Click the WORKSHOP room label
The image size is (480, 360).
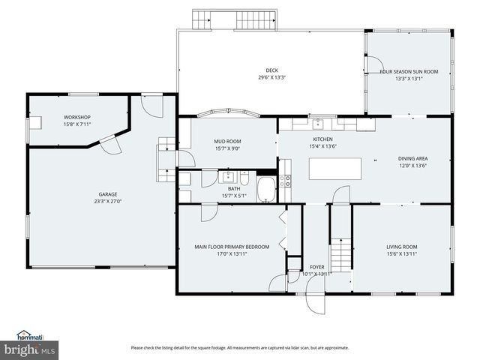click(77, 118)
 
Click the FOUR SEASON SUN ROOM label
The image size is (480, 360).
click(409, 71)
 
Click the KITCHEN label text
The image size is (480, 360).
click(323, 139)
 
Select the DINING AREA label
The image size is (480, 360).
click(413, 158)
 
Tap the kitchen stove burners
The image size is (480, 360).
click(286, 181)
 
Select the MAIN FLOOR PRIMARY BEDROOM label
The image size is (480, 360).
click(232, 247)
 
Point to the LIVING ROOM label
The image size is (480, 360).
click(402, 247)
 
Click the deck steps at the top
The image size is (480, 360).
click(235, 19)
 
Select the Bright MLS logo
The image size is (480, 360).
click(30, 350)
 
